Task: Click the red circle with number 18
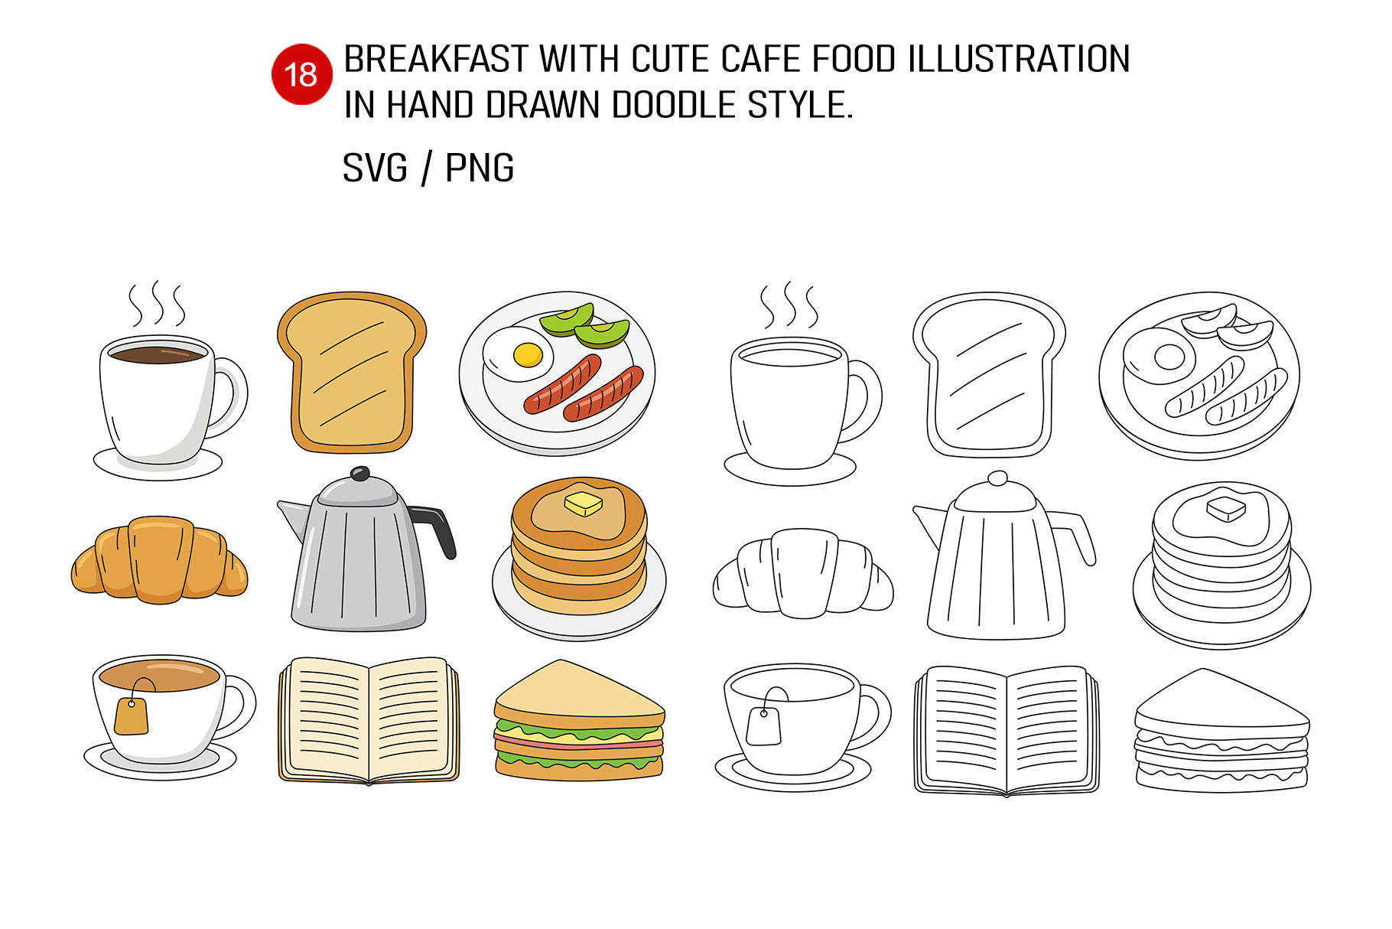click(x=301, y=74)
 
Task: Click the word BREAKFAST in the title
click(x=436, y=60)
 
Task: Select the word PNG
click(x=480, y=168)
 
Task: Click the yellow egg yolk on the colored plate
click(x=528, y=354)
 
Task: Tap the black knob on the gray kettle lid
click(x=360, y=474)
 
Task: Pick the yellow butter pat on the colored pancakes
click(x=584, y=503)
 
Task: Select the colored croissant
click(x=159, y=559)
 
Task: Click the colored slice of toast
click(x=351, y=372)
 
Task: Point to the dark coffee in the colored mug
click(x=158, y=354)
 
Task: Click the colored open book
click(x=369, y=720)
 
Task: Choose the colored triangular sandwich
click(x=579, y=720)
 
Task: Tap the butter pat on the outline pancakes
click(x=1226, y=508)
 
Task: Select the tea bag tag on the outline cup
click(x=763, y=726)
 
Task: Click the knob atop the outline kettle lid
click(x=997, y=479)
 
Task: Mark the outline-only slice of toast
click(x=989, y=375)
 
